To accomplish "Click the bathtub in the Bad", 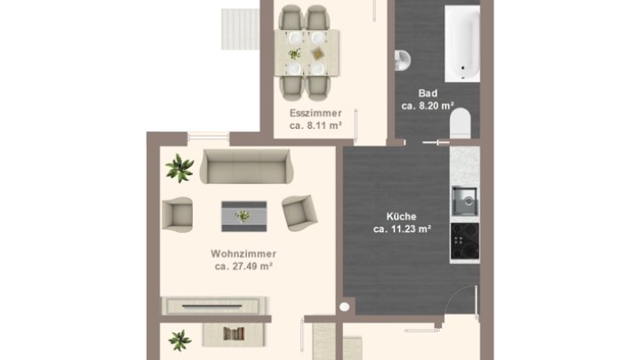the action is tap(462, 44).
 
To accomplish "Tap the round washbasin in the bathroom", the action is tap(402, 60).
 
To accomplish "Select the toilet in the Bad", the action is tap(460, 123).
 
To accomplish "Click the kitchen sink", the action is tap(465, 201).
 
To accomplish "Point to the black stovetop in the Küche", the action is tap(465, 241).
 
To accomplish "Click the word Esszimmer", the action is tap(316, 113).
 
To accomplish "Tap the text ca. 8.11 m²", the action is tap(316, 125).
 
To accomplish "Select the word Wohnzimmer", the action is tap(244, 253).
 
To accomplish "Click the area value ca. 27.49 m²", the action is tap(244, 266).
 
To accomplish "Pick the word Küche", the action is tap(401, 216).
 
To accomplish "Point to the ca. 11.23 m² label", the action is tap(402, 229).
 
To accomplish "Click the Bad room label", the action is tap(428, 93).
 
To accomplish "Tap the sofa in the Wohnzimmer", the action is tap(246, 166).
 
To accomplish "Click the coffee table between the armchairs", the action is tap(244, 216).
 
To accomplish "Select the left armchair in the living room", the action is tap(177, 214).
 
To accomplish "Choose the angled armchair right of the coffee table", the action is tap(300, 212).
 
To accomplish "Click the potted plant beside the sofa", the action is tap(180, 167).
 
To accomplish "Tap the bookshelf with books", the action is tap(234, 334).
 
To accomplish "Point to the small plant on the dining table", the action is tap(294, 53).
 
